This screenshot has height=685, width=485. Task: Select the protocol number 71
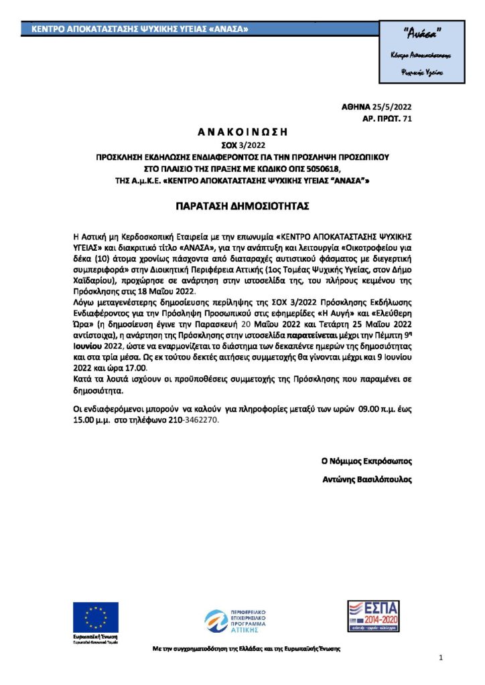405,118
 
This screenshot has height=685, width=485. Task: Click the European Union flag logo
96,617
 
